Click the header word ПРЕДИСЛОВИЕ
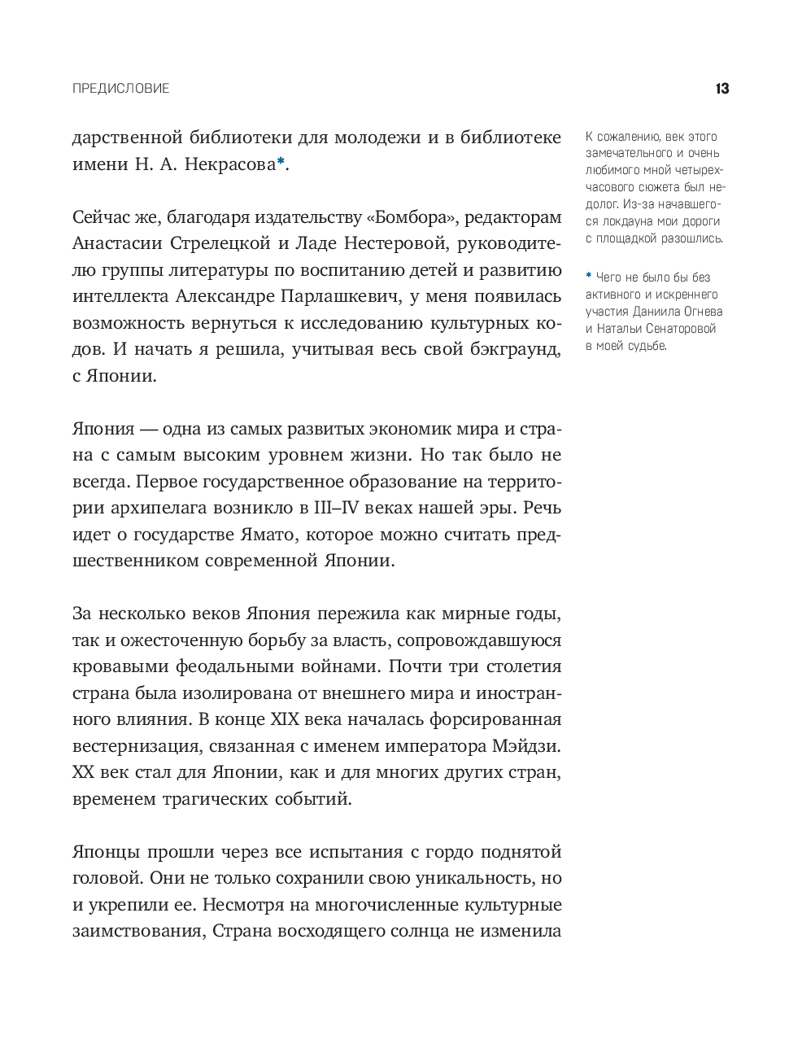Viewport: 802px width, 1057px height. pos(121,89)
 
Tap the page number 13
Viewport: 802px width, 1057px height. pos(721,89)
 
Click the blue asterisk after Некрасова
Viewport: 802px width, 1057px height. pos(280,162)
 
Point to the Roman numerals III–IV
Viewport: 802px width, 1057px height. pos(340,507)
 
